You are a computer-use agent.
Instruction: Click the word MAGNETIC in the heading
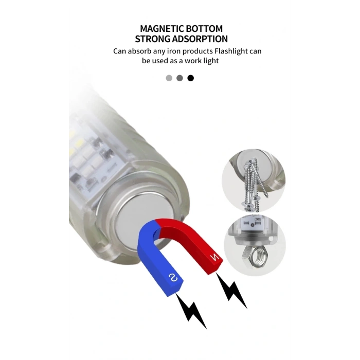(161, 29)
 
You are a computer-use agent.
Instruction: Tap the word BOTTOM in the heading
(204, 29)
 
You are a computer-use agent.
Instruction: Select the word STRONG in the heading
(152, 39)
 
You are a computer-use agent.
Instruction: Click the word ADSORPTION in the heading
(200, 39)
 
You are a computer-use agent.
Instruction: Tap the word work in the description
(193, 61)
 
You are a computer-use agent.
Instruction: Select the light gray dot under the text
(169, 78)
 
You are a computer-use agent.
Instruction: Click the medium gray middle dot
(180, 78)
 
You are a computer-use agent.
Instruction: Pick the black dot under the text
(191, 78)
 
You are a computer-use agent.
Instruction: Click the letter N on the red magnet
(215, 257)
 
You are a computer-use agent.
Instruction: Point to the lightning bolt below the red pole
(231, 291)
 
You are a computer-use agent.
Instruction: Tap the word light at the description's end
(211, 61)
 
